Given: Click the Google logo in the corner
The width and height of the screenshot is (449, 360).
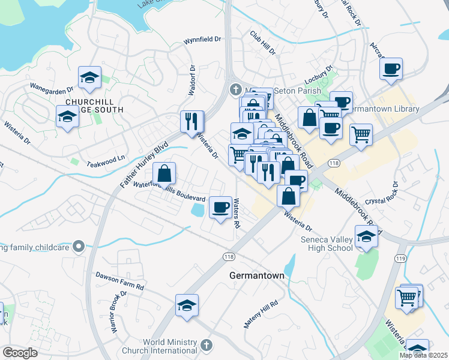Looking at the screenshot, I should coord(19,353).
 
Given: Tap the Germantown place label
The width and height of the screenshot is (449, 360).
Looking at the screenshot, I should coord(256,275).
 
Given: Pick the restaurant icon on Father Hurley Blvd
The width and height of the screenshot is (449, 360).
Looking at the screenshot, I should coord(191,121).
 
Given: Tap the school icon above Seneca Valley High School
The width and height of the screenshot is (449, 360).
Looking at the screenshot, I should coord(366,236).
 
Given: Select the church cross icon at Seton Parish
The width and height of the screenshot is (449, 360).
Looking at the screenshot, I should coord(235,91).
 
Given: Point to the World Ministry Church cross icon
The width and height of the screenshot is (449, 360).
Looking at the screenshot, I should coord(206,345).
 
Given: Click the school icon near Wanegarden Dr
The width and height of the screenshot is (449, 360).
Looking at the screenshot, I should coord(89,77).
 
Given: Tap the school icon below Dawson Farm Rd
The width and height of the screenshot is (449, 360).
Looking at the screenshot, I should coord(187,305).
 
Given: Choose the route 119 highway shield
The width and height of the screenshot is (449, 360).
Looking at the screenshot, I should coord(401,259).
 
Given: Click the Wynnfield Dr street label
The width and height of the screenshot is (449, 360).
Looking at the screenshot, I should coord(202,44).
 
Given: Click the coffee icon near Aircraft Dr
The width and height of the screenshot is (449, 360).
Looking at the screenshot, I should coord(391,68).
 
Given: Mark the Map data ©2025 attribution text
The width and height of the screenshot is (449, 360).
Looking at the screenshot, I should coord(424,355).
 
